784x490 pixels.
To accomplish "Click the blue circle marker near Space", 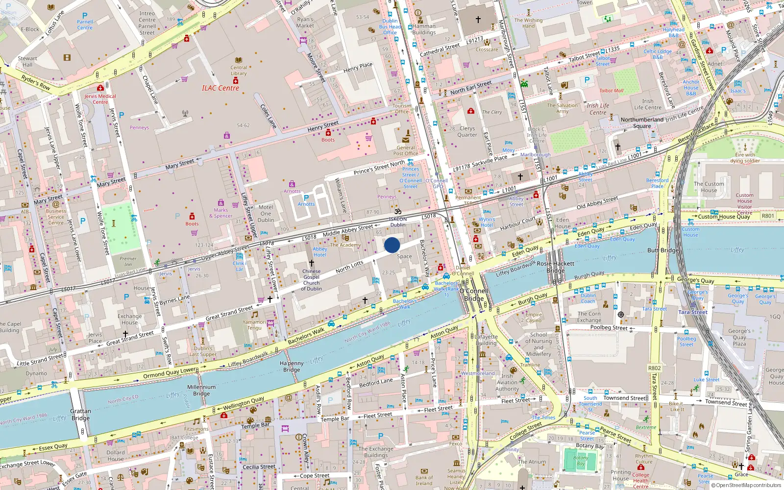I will click(x=392, y=245).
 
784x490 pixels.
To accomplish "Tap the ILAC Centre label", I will click(x=220, y=88).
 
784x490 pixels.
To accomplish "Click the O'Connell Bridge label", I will click(x=473, y=294).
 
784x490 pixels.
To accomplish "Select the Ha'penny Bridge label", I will click(x=292, y=367).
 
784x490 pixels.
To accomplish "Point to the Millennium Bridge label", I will click(x=201, y=390).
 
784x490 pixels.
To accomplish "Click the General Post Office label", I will click(x=406, y=150).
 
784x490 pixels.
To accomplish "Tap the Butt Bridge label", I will click(x=663, y=250).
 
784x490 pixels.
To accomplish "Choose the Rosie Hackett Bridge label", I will click(x=556, y=267).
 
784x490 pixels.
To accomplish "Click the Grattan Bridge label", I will click(x=80, y=415).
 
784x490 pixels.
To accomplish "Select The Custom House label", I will click(x=709, y=187).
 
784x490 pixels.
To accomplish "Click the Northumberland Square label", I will click(x=642, y=122).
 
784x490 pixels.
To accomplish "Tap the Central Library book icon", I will click(x=239, y=60).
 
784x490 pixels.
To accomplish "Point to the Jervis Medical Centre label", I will click(x=100, y=99).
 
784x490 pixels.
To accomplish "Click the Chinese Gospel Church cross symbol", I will click(x=311, y=263).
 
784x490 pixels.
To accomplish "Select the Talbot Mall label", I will click(x=612, y=91).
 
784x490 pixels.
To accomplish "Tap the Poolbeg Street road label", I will click(x=609, y=327).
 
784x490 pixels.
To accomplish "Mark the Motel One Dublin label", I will click(x=266, y=214).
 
